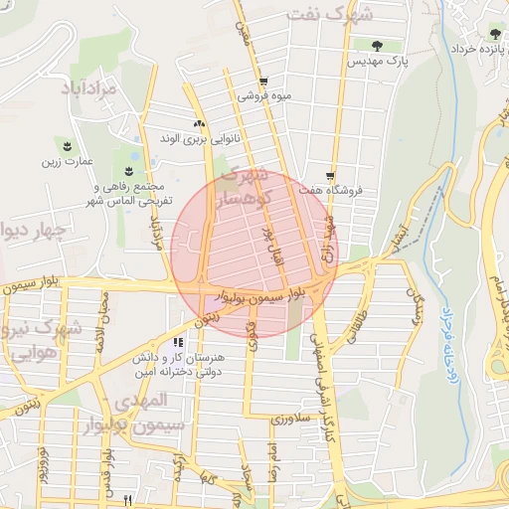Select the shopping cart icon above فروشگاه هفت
[x=330, y=170]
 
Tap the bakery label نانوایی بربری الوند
[x=200, y=140]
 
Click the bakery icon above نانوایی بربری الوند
[x=200, y=124]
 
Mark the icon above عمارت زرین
[x=67, y=145]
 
